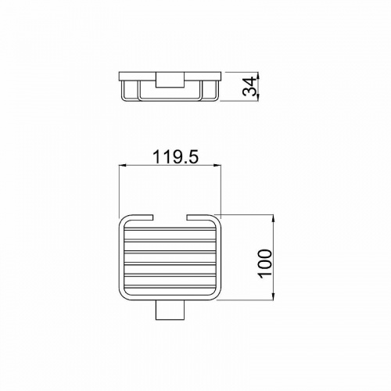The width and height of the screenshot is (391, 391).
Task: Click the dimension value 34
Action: click(x=249, y=87)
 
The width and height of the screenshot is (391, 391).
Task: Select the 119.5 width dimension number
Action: click(x=176, y=157)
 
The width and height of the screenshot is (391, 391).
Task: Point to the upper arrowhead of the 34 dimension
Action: click(x=257, y=76)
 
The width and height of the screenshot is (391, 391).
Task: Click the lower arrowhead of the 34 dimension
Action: click(x=257, y=97)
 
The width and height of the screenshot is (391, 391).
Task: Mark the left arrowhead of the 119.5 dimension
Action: click(x=123, y=165)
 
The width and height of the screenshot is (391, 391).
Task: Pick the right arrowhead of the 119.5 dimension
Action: click(x=217, y=165)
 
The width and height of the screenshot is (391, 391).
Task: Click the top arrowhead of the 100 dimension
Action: click(x=273, y=218)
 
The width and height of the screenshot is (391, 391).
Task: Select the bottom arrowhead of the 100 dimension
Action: click(x=273, y=296)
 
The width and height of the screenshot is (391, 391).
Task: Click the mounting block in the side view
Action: click(x=170, y=80)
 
